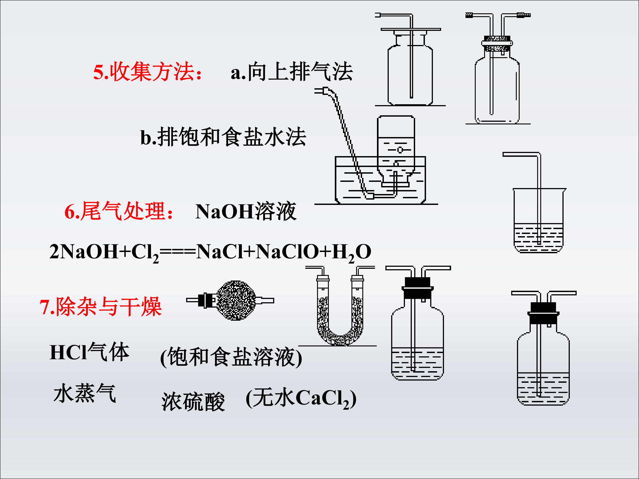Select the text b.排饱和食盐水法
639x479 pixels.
[223, 137]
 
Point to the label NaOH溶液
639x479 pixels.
[246, 212]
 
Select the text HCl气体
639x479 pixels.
[89, 352]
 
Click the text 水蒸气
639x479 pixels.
[84, 393]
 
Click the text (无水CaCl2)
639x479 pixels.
[301, 399]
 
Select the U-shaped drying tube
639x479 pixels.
[340, 312]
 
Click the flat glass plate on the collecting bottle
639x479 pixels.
[410, 29]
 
